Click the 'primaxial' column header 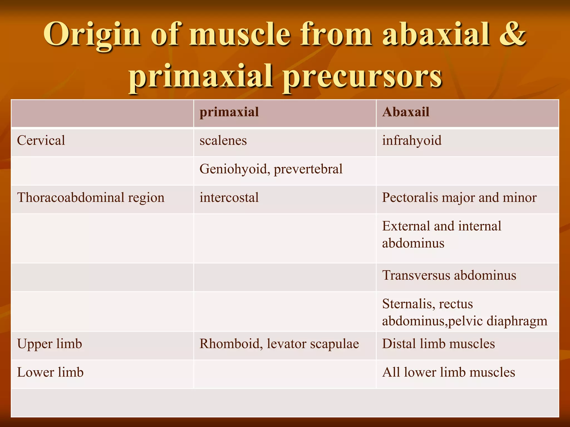point(229,112)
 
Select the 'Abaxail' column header point(406,112)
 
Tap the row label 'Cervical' point(41,140)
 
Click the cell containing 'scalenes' point(223,140)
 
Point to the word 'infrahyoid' point(412,140)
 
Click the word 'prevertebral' point(308,169)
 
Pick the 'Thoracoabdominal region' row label point(91,198)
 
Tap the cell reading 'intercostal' point(229,198)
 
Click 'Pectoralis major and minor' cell point(459,198)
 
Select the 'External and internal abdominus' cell point(441,234)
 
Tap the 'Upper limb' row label point(50,344)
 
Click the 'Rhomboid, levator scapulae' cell point(279,344)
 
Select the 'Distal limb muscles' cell point(438,344)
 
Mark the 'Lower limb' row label point(50,373)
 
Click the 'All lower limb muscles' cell point(448,373)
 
